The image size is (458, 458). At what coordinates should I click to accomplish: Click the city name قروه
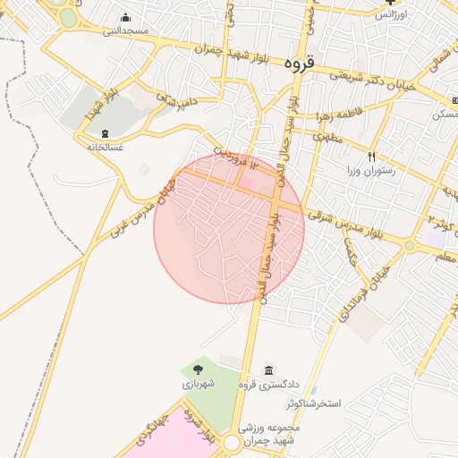point(298,64)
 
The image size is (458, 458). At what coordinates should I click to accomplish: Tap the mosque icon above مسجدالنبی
point(124,18)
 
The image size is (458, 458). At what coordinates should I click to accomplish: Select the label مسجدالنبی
point(124,31)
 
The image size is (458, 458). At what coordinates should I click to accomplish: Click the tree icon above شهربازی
point(198,369)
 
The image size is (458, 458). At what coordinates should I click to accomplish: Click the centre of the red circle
point(229,229)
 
